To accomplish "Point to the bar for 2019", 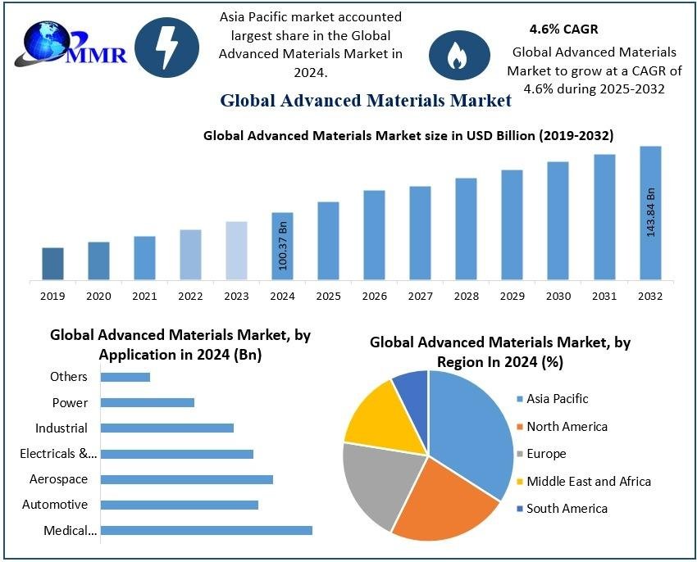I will (x=52, y=264).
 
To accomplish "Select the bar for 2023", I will (x=236, y=251).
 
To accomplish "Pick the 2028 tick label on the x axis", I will (x=467, y=296).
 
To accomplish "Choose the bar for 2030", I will (x=558, y=221).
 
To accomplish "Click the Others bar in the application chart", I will (x=125, y=377).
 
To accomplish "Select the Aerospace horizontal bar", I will (x=187, y=479).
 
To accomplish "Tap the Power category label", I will (x=70, y=402).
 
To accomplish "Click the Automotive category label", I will (x=55, y=505).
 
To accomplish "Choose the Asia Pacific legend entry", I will (x=557, y=399).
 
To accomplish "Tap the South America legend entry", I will (x=566, y=509).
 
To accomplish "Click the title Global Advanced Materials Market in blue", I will (x=366, y=101).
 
